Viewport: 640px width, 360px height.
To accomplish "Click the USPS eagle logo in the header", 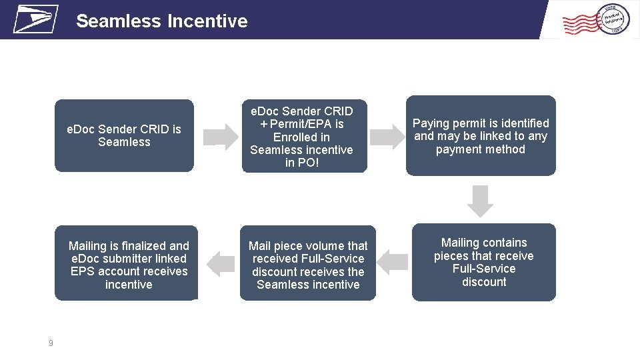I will point(35,19).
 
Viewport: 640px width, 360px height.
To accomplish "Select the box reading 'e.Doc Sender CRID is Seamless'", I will point(124,136).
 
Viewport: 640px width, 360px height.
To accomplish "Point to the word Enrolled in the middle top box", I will point(301,137).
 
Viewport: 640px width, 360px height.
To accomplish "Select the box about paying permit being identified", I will point(481,136).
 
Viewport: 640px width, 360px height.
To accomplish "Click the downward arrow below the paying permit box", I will point(481,201).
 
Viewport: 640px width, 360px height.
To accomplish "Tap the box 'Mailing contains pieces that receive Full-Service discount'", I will point(483,262).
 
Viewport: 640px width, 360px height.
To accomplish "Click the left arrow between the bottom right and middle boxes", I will point(393,262).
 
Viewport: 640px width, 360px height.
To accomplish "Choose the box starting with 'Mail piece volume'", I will point(308,265).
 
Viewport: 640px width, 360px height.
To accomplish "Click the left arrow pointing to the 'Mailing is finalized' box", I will point(220,264).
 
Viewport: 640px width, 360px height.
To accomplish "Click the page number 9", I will point(51,343).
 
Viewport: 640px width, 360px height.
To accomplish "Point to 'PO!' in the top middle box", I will point(301,163).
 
